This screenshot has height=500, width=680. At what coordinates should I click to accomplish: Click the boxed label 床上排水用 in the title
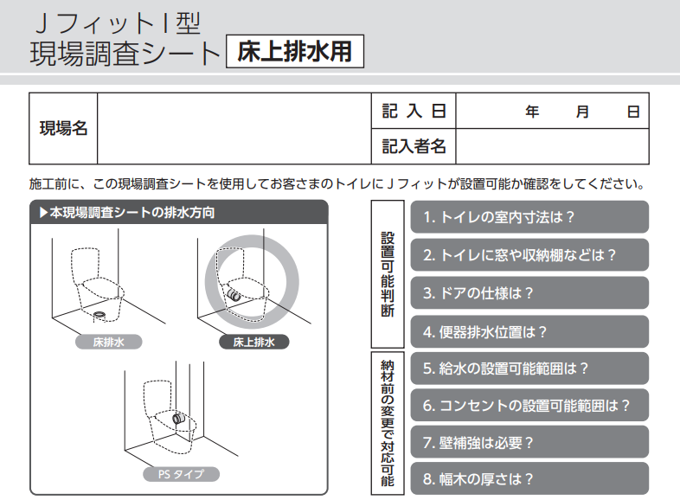tap(295, 52)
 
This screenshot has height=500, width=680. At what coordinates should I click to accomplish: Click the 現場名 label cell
tap(63, 128)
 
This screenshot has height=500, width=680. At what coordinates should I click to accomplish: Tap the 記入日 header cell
tap(414, 111)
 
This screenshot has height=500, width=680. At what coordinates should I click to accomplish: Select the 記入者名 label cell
tap(414, 146)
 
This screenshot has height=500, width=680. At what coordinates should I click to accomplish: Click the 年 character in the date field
tap(532, 112)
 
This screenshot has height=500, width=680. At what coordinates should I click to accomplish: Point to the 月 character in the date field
tap(582, 112)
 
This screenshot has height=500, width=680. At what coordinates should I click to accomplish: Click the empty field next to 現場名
tap(234, 128)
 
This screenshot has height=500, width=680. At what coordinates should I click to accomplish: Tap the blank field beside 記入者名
tap(553, 146)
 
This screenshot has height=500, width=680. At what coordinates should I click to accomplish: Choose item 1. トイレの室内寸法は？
tap(529, 217)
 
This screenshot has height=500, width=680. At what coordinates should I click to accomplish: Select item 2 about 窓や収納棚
tap(529, 255)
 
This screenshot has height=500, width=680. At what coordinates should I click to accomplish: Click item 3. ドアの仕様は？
tap(529, 293)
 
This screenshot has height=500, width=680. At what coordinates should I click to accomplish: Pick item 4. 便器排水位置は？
tap(529, 331)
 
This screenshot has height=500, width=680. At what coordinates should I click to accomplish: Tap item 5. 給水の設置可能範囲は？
tap(529, 369)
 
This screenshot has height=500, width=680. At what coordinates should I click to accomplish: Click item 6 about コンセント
tap(529, 406)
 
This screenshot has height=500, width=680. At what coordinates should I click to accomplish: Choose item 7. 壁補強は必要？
tap(529, 442)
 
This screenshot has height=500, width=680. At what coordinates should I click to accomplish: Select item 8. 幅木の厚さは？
tap(529, 478)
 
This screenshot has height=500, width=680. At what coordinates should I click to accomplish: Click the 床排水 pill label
tap(109, 343)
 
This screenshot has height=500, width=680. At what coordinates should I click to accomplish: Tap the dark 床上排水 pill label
tap(254, 343)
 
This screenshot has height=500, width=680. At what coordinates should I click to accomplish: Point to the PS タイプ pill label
tap(182, 474)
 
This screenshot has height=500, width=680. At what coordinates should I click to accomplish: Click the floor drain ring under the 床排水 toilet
tap(99, 313)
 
